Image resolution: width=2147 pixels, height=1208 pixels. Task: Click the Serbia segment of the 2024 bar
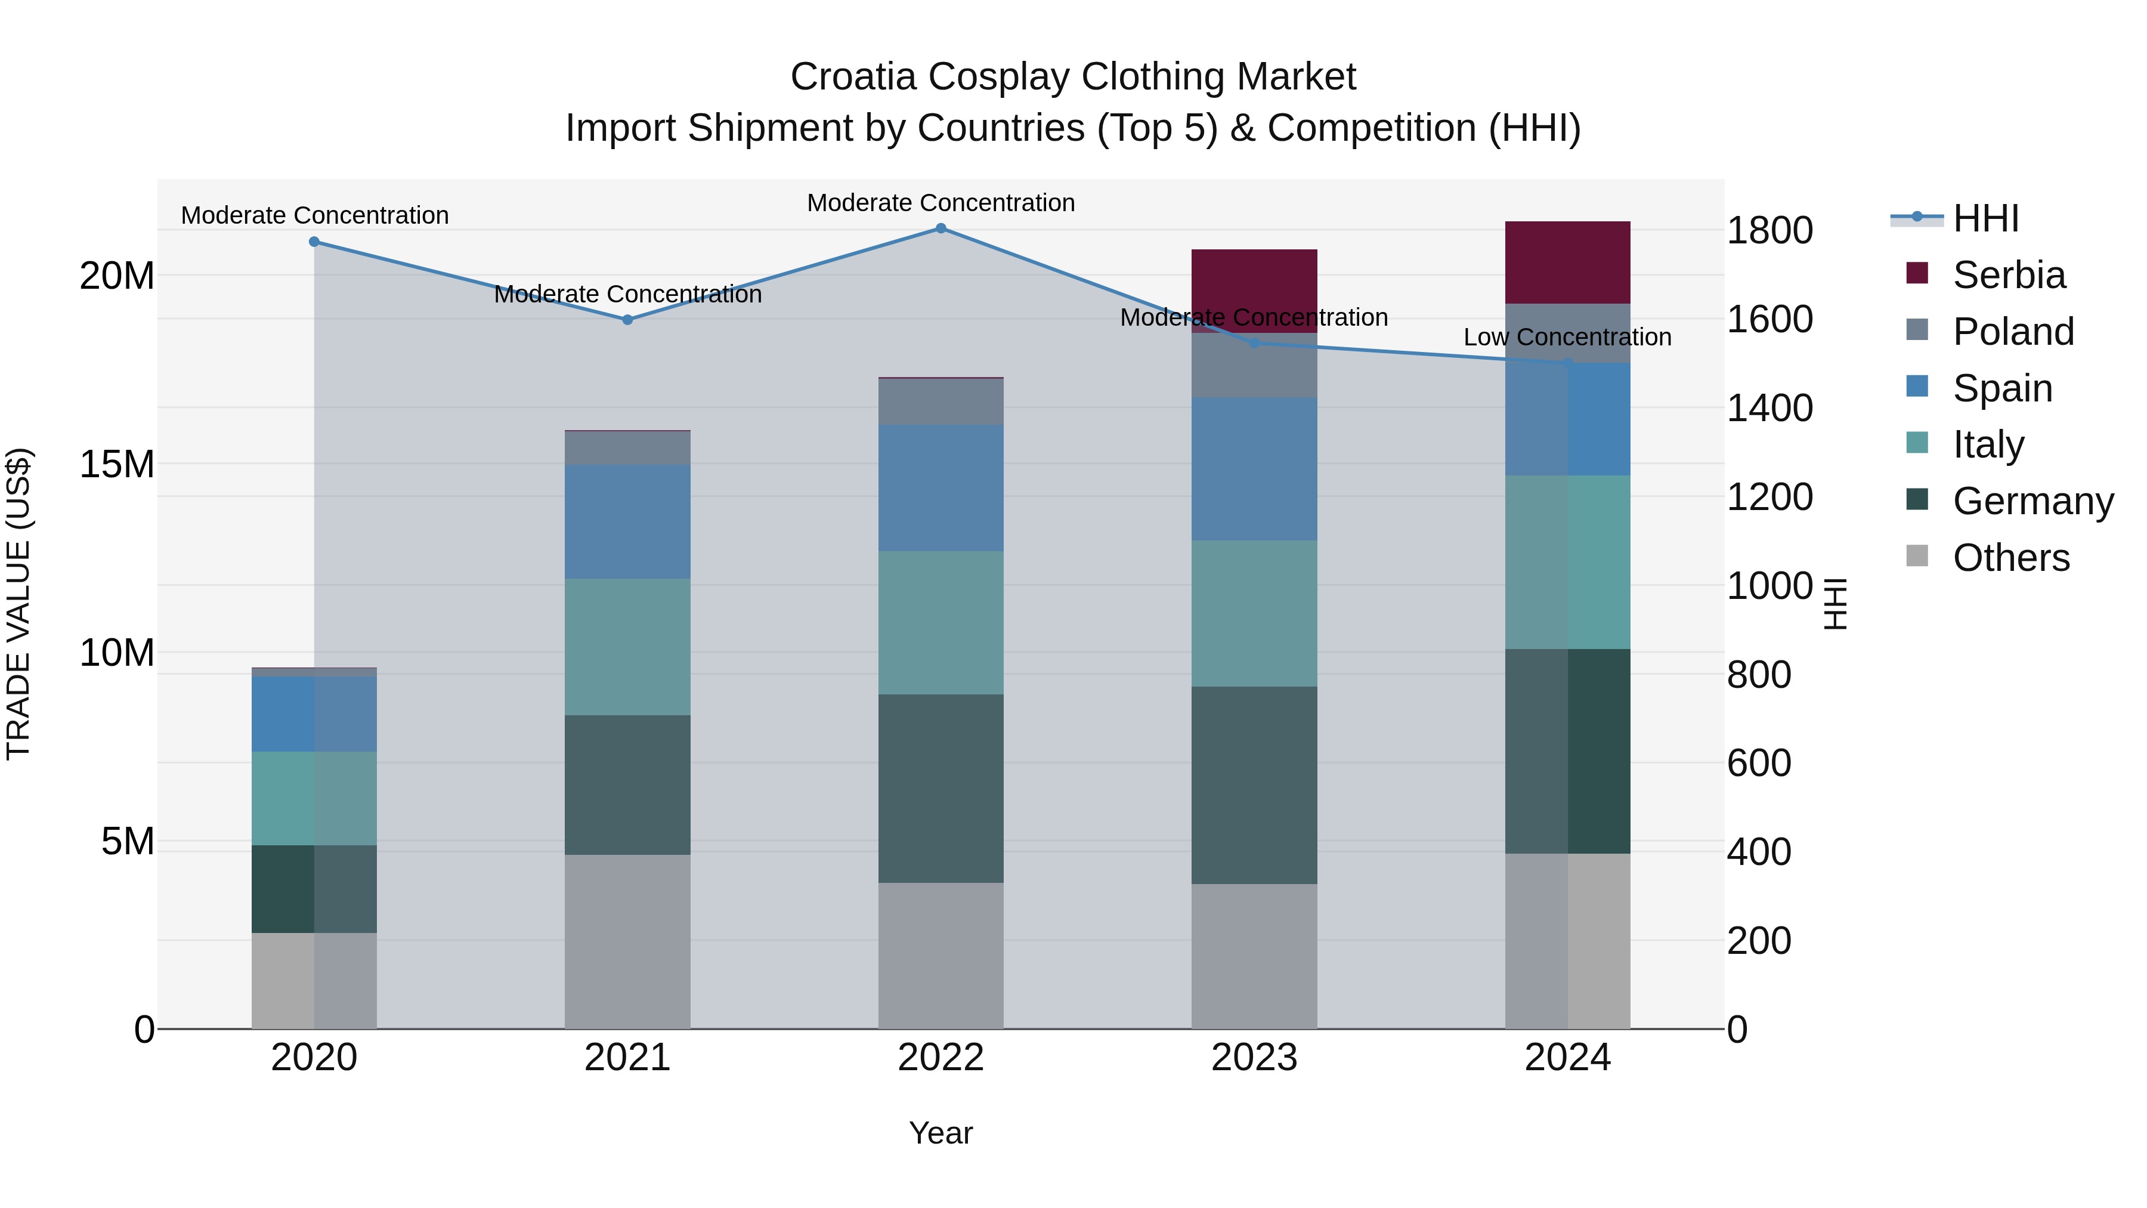(x=1567, y=262)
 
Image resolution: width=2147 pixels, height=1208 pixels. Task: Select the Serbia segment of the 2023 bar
(x=1254, y=290)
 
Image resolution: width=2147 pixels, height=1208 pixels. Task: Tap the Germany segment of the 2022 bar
(x=940, y=788)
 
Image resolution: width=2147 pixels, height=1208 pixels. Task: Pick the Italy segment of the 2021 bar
(x=627, y=646)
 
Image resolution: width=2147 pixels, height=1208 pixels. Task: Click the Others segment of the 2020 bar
(x=313, y=980)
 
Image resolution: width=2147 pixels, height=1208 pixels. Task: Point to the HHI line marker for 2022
(x=940, y=228)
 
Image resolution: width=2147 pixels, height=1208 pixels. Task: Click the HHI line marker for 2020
(x=313, y=242)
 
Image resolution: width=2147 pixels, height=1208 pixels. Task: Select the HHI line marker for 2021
(x=627, y=319)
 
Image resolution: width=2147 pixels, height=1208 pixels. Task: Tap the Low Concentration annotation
(x=1567, y=337)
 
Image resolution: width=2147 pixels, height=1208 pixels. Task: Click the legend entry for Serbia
(x=2009, y=275)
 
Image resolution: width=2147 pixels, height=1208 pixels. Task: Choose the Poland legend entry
(x=2012, y=332)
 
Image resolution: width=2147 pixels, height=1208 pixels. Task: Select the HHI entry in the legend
(x=1985, y=218)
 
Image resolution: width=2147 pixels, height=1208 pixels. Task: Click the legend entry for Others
(x=2010, y=558)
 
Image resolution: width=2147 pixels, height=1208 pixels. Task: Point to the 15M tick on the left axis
(x=117, y=464)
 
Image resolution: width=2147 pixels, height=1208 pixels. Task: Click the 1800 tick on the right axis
(x=1769, y=230)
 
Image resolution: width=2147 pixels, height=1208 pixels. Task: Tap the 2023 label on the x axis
(x=1254, y=1058)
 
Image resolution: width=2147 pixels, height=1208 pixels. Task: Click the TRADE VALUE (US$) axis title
(x=18, y=604)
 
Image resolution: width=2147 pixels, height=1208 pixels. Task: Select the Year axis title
(x=940, y=1133)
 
